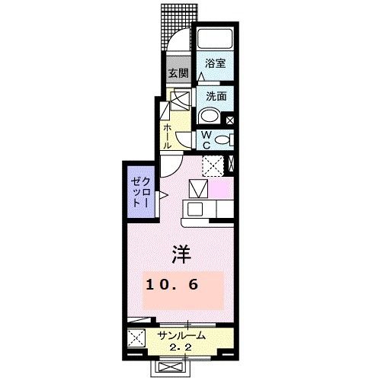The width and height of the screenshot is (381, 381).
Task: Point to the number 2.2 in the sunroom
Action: point(181,347)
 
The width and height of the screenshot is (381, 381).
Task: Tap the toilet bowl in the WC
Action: point(222,139)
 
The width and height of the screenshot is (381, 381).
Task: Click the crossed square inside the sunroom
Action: point(137,340)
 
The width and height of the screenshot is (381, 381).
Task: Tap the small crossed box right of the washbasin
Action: point(232,119)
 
